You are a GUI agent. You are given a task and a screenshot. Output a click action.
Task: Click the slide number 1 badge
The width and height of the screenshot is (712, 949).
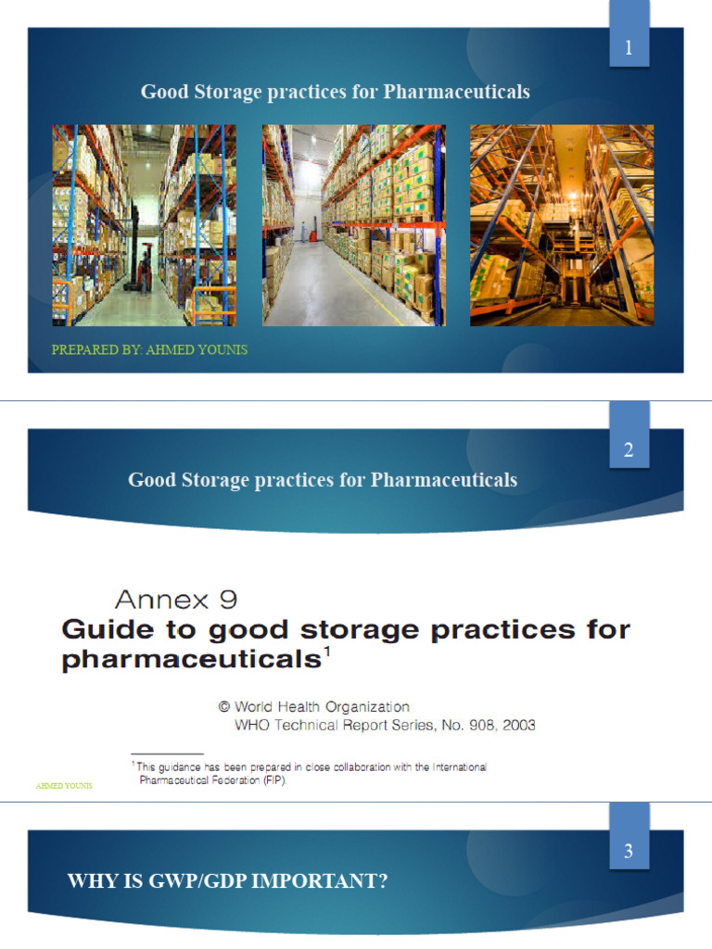click(x=629, y=49)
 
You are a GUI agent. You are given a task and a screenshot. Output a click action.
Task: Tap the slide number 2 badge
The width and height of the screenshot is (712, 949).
click(x=629, y=451)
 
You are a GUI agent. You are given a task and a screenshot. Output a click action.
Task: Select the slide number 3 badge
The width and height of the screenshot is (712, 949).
click(x=629, y=852)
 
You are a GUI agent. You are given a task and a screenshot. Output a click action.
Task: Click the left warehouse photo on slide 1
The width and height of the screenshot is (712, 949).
click(x=144, y=225)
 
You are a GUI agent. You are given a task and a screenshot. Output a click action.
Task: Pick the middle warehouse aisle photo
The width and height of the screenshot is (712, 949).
click(x=353, y=225)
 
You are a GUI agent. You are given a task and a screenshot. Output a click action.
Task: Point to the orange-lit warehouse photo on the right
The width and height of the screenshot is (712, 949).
click(x=562, y=225)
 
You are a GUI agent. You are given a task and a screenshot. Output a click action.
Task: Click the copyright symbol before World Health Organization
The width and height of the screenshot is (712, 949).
click(x=223, y=707)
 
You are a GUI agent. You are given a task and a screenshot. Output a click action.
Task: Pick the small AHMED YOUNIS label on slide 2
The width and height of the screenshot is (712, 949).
click(x=64, y=786)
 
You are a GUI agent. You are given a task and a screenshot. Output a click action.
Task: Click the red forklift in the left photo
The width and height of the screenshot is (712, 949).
click(x=142, y=271)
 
